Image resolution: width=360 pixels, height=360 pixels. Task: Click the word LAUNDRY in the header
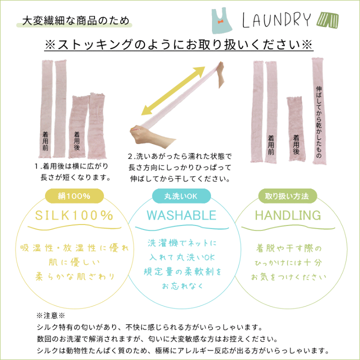[276, 20]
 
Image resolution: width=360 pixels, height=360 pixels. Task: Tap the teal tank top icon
[221, 21]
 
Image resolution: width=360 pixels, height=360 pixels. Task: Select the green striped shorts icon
[327, 19]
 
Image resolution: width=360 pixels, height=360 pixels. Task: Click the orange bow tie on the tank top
[221, 22]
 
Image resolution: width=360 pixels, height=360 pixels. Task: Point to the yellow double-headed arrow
[173, 90]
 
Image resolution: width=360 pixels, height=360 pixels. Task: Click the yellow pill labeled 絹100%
[74, 196]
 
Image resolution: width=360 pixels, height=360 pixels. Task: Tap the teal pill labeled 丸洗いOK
[181, 196]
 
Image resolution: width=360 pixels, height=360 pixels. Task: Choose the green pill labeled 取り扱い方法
[287, 196]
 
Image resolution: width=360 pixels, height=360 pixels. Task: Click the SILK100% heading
[74, 215]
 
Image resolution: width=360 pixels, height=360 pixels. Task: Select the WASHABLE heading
[181, 215]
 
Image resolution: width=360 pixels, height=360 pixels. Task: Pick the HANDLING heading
[288, 215]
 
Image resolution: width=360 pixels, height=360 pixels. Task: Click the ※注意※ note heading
[50, 315]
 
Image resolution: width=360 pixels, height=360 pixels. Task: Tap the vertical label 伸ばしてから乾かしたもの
[319, 122]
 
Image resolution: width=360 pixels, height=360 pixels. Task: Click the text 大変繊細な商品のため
[76, 20]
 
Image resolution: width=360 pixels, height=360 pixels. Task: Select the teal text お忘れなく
[182, 286]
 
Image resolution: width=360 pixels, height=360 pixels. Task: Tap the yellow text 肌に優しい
[74, 262]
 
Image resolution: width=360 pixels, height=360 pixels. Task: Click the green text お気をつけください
[288, 277]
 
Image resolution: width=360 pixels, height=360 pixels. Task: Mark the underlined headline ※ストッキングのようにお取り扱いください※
[179, 44]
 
